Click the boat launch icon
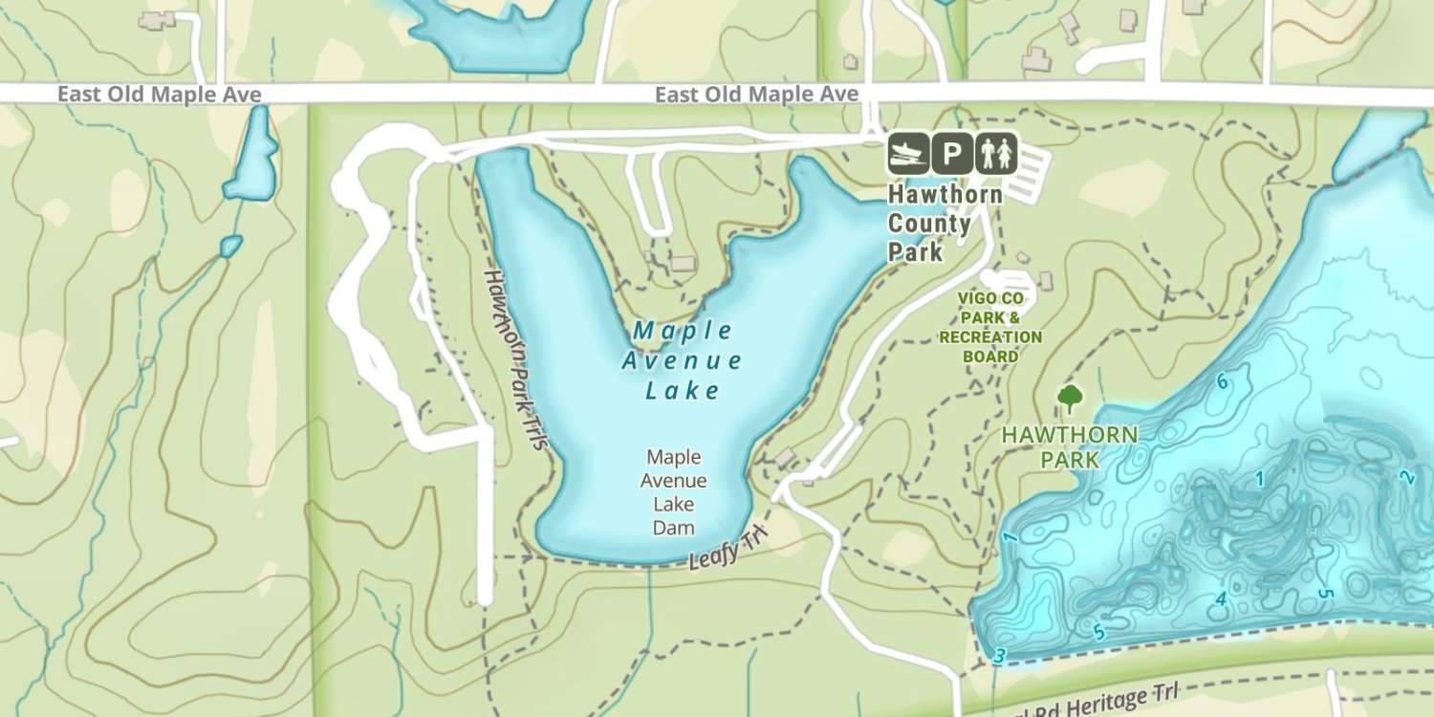click(x=908, y=153)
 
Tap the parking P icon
click(x=952, y=153)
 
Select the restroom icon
click(x=996, y=153)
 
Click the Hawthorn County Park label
click(x=944, y=224)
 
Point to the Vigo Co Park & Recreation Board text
click(x=990, y=327)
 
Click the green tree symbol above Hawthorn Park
click(x=1070, y=398)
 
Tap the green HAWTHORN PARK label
click(x=1070, y=447)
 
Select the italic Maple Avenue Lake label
click(x=682, y=360)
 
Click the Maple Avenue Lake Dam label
click(x=674, y=492)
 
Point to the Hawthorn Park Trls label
click(x=514, y=358)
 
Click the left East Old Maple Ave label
click(x=159, y=95)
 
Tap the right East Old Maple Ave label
click(x=756, y=95)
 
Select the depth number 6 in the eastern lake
click(x=1222, y=382)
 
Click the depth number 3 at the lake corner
click(x=1000, y=656)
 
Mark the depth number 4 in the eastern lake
click(x=1221, y=600)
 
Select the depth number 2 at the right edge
click(x=1405, y=477)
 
